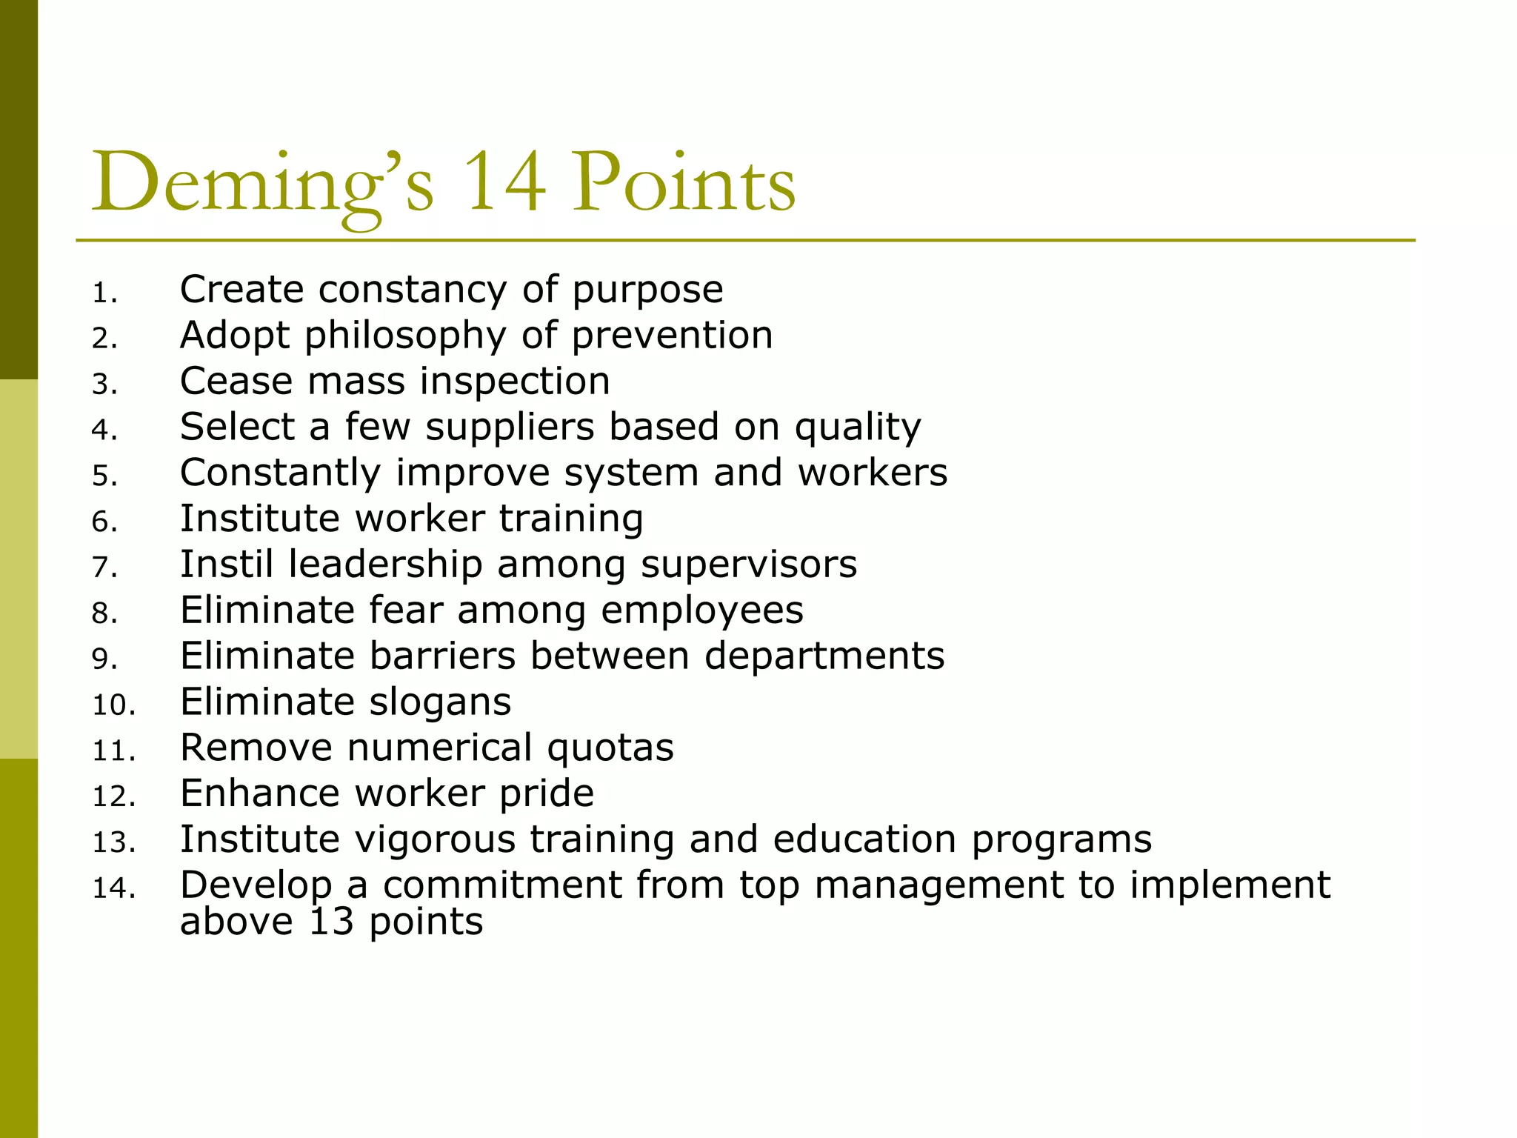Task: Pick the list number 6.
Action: (104, 522)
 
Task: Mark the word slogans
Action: (440, 702)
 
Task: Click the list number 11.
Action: (113, 751)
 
